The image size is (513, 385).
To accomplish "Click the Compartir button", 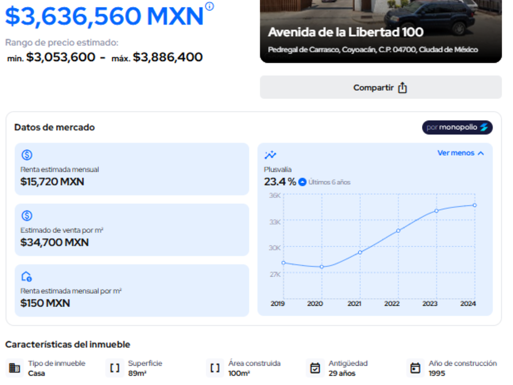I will (380, 87).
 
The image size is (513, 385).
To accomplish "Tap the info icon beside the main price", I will (209, 6).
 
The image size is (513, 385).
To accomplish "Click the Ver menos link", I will (460, 153).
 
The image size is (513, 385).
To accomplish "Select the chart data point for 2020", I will (322, 266).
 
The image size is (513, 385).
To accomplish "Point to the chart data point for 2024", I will (475, 205).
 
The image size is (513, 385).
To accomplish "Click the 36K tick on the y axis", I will (274, 196).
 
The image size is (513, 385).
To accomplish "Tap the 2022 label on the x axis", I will (392, 304).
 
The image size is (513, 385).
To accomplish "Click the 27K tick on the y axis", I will (274, 274).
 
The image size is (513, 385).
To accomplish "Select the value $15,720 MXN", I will (53, 182).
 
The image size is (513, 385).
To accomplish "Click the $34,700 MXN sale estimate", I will (54, 242).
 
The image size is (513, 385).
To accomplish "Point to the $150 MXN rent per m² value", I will (45, 303).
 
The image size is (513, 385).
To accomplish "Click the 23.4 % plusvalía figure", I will (280, 182).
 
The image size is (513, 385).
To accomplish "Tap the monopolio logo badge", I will (457, 127).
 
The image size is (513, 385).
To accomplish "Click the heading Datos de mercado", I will (54, 127).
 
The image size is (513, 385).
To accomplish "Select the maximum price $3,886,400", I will (168, 57).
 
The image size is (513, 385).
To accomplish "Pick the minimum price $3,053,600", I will (60, 57).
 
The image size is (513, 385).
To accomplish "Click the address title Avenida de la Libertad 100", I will (346, 32).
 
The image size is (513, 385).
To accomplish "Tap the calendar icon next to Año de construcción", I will (415, 368).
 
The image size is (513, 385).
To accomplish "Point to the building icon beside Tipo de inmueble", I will (15, 368).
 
